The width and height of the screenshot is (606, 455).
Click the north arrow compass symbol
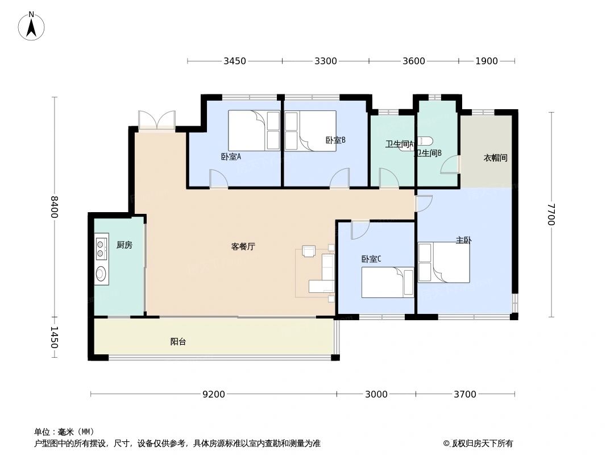tap(31, 26)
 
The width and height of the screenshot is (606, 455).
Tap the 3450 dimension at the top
tap(234, 61)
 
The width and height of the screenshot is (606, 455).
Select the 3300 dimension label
tap(325, 61)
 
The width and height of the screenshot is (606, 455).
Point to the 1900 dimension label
tap(487, 61)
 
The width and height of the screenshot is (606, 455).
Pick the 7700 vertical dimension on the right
tap(550, 214)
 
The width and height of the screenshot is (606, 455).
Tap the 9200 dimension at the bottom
tap(214, 394)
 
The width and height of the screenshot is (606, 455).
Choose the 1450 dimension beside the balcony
tap(54, 337)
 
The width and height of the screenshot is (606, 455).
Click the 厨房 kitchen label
tap(124, 245)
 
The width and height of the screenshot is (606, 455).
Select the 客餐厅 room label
tap(243, 247)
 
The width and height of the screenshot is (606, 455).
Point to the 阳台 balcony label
tap(178, 342)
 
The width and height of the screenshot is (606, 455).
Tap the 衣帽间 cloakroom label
tap(495, 158)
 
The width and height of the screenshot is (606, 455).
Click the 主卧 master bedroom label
tap(463, 241)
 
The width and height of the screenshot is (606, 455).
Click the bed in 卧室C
tap(387, 282)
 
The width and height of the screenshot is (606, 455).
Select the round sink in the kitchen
tap(101, 274)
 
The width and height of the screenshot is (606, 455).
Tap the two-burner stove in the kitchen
tap(101, 249)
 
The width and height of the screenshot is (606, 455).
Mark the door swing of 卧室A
tap(219, 179)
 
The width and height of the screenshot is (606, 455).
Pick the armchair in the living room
tap(309, 251)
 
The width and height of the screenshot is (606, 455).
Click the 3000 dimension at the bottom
tap(376, 394)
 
